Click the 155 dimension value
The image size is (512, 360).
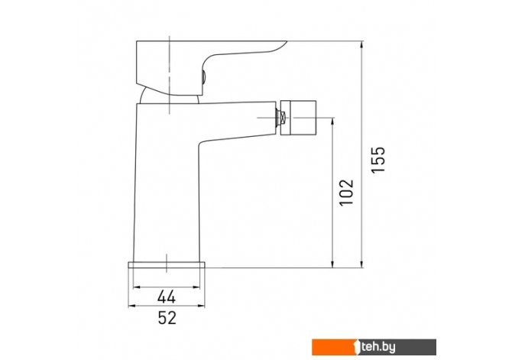[379, 160]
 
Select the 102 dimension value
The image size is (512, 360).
[346, 192]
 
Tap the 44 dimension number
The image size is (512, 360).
[167, 297]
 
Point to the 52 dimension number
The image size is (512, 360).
[167, 317]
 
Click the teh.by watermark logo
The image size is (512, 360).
[374, 347]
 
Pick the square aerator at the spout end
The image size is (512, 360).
[299, 118]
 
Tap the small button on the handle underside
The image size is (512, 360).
[203, 78]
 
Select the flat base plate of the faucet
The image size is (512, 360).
[167, 264]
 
